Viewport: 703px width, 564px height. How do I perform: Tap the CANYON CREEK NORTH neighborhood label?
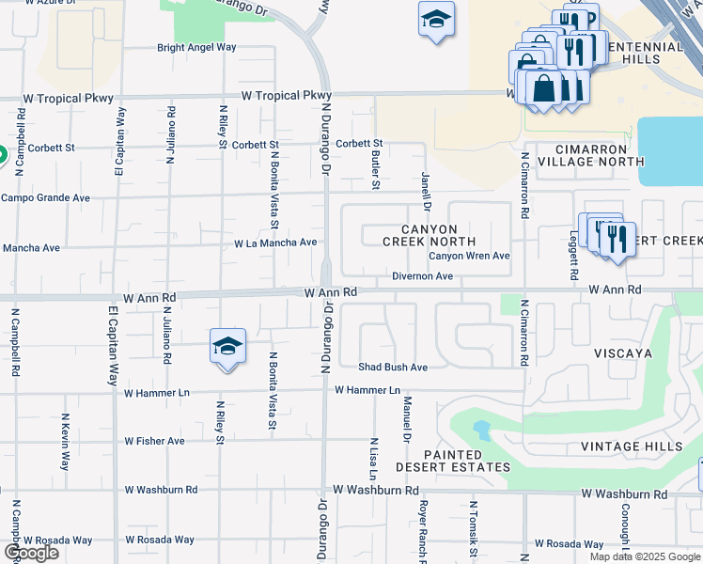point(419,235)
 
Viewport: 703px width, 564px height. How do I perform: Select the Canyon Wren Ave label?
point(469,256)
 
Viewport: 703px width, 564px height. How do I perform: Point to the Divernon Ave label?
point(423,276)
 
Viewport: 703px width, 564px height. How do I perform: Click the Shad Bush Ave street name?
point(392,367)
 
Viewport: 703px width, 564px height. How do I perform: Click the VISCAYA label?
point(622,353)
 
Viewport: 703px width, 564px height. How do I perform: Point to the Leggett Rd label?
point(572,258)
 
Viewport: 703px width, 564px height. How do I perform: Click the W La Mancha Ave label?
point(275,243)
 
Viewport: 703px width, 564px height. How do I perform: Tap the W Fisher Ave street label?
point(154,441)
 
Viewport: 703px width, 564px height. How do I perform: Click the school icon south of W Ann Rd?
point(227,347)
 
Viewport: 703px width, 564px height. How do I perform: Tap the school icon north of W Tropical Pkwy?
point(436,20)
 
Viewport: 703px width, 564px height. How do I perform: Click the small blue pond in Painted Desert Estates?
point(482,431)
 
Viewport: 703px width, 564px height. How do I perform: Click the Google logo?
point(32,553)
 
